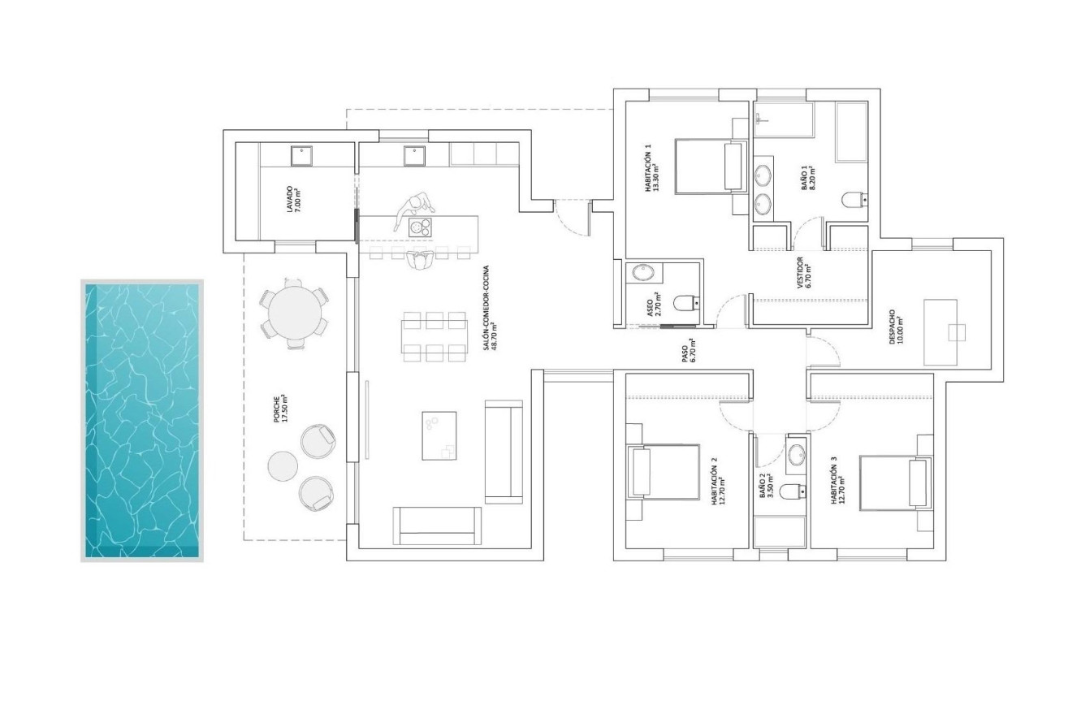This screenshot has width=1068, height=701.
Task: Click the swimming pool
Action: pyautogui.click(x=142, y=420)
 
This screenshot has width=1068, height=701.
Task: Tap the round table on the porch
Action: pyautogui.click(x=295, y=313)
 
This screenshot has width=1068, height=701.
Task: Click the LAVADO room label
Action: pyautogui.click(x=292, y=199)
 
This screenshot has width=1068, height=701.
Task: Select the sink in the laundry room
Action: pyautogui.click(x=301, y=156)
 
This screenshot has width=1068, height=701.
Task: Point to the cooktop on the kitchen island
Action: pyautogui.click(x=420, y=227)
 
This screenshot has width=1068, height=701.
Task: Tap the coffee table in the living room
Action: pyautogui.click(x=439, y=436)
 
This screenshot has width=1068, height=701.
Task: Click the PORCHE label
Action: pyautogui.click(x=280, y=410)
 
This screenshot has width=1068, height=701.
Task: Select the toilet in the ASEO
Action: pyautogui.click(x=686, y=302)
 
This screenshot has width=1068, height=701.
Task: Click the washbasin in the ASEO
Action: pyautogui.click(x=643, y=273)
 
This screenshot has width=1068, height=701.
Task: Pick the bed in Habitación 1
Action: pyautogui.click(x=711, y=167)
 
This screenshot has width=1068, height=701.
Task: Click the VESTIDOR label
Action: pyautogui.click(x=804, y=273)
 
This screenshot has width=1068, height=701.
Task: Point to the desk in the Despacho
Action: pyautogui.click(x=940, y=332)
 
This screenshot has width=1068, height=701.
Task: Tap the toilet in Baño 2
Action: pyautogui.click(x=793, y=491)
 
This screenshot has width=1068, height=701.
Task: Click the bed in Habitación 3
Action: pyautogui.click(x=895, y=483)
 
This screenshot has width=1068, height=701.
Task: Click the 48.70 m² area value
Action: pyautogui.click(x=494, y=336)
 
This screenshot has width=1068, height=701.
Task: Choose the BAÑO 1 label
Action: pyautogui.click(x=807, y=179)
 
